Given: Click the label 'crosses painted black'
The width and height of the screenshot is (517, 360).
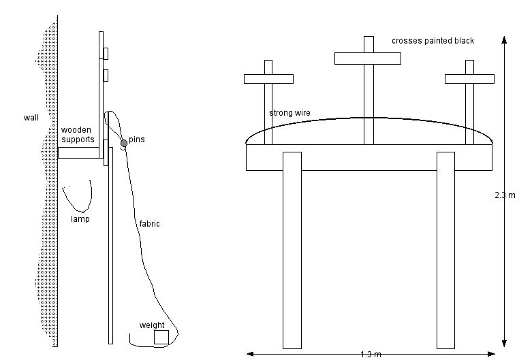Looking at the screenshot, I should point(433,41).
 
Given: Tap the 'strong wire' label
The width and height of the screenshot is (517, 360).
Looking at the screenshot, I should point(289,113).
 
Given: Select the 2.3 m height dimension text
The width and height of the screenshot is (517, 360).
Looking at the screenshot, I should point(505,195).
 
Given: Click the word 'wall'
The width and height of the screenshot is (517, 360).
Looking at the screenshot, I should point(31,118).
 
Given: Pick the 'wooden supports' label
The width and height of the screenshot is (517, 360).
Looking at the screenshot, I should point(77,134).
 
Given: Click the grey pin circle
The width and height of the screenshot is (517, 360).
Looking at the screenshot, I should point(124,143).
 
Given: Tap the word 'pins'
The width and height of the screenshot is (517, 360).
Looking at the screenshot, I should point(136,140).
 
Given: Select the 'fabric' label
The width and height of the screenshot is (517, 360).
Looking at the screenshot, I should point(148,223).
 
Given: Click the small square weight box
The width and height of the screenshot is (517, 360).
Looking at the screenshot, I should point(161,337).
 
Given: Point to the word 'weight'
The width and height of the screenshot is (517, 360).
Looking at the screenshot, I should point(152,325).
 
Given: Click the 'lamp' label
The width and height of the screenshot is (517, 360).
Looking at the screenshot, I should point(80,219).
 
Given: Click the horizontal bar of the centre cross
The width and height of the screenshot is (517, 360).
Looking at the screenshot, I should point(369,58).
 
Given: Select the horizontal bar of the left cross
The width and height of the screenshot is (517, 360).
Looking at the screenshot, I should point(268,79).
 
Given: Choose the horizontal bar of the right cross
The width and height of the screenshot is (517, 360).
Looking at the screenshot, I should point(469,79).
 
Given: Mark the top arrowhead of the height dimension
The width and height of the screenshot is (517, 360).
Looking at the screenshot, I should point(504,39).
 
